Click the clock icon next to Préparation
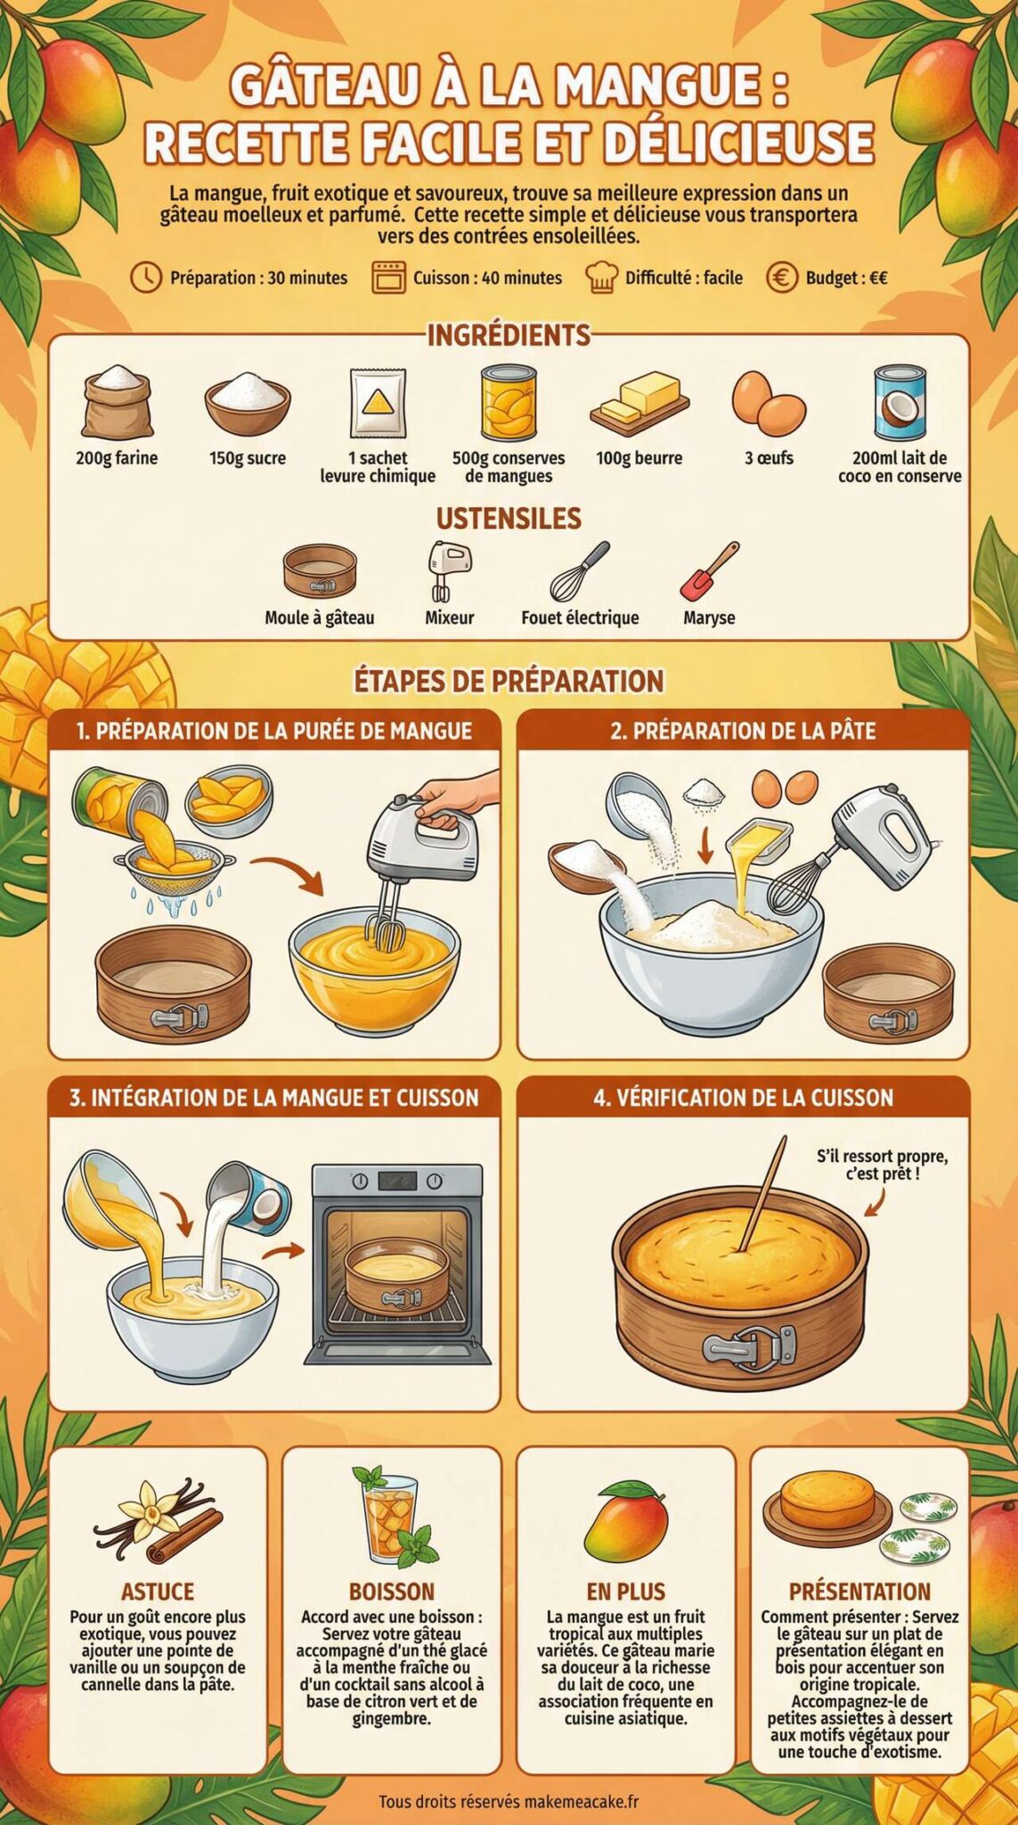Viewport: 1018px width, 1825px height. (x=146, y=277)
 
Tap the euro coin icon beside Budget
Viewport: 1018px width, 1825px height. (x=781, y=277)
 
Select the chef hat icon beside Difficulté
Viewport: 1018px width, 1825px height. (x=601, y=277)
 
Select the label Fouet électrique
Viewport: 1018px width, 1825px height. (x=580, y=618)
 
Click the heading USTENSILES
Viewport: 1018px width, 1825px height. (x=509, y=519)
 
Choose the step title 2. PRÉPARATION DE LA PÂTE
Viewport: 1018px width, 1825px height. (x=743, y=731)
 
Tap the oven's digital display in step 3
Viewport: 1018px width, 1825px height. (x=397, y=1182)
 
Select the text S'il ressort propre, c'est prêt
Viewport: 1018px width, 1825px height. (x=882, y=1165)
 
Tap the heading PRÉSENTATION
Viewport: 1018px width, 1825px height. (x=859, y=1592)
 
